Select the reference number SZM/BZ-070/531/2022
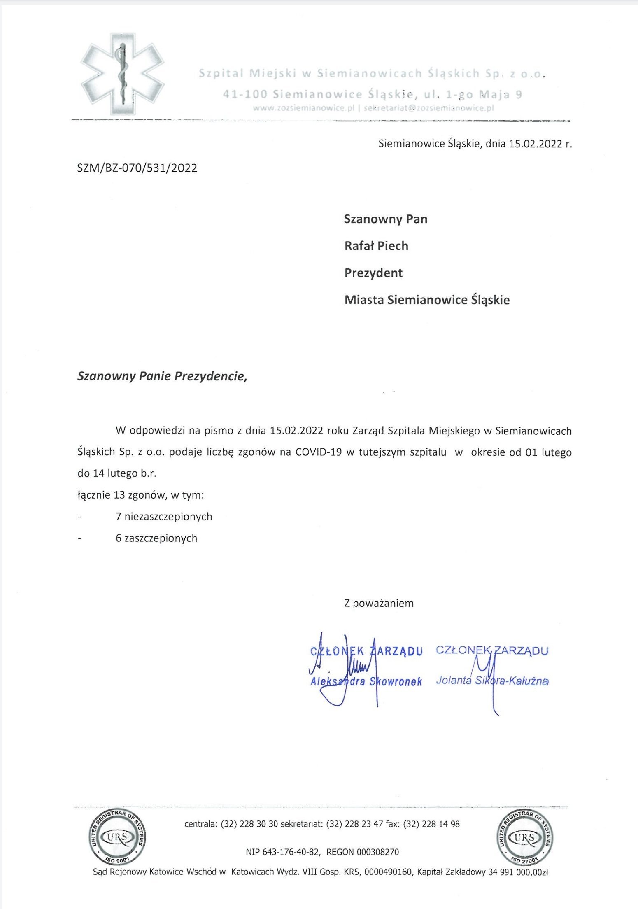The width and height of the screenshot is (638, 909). click(x=137, y=168)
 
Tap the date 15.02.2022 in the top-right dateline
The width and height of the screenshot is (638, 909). click(x=535, y=144)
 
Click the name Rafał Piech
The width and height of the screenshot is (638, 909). click(x=376, y=246)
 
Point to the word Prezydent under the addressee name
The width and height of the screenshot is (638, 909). click(x=373, y=273)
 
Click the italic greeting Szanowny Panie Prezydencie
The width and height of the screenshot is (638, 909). click(x=163, y=376)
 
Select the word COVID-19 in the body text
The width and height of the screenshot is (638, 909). click(x=319, y=452)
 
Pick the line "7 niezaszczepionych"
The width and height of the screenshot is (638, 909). click(x=164, y=517)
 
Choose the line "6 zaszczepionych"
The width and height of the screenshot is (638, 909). click(x=156, y=538)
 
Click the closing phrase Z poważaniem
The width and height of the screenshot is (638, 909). click(x=379, y=604)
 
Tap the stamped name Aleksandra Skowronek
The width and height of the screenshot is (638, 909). click(x=366, y=682)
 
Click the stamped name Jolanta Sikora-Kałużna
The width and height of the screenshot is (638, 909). click(x=492, y=681)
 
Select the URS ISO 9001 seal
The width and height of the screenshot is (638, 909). click(x=118, y=837)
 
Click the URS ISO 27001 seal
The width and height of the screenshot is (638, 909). click(x=524, y=837)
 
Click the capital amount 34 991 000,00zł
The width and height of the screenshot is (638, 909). click(x=518, y=872)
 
